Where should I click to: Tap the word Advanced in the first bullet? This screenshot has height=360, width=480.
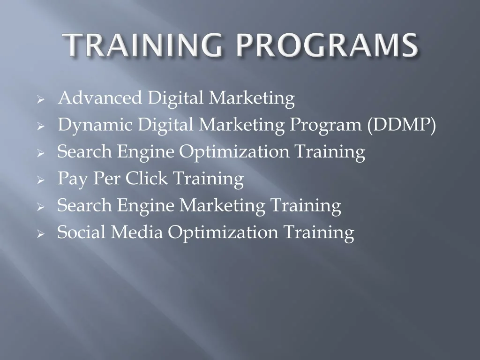click(x=100, y=98)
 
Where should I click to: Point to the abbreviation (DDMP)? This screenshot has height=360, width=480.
click(x=402, y=125)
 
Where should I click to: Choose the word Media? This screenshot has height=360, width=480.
click(x=136, y=232)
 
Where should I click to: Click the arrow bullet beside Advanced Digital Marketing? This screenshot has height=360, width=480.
click(x=41, y=99)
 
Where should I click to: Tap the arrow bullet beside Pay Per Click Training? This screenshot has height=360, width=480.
click(x=41, y=180)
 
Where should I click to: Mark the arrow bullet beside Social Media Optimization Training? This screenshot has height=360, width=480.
click(x=41, y=234)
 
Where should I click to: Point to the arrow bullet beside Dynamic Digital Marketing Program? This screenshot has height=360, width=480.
click(x=41, y=126)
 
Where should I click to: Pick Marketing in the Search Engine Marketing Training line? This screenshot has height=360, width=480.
click(x=222, y=206)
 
